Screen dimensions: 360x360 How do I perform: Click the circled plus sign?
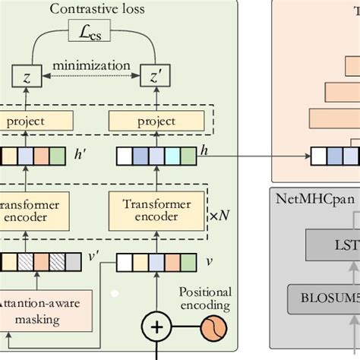(x=157, y=328)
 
